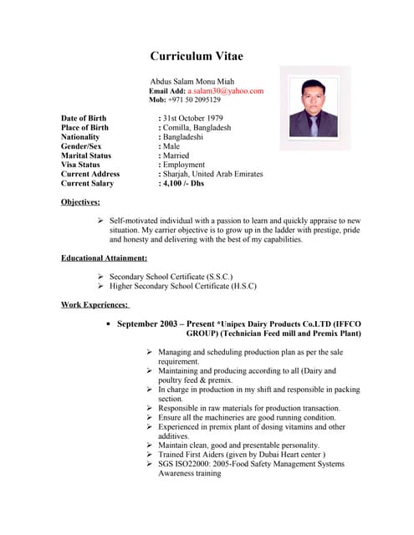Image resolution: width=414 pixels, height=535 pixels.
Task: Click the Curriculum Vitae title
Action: point(197,57)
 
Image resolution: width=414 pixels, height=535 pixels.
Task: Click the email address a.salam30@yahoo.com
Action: point(225,90)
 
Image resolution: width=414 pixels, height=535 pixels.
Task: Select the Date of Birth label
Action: point(84,119)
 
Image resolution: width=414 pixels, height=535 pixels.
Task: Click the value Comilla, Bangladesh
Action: point(197,128)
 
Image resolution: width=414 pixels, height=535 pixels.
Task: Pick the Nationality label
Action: point(80,137)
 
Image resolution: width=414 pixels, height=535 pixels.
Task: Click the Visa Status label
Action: point(80,165)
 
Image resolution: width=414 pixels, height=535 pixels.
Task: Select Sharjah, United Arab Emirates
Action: point(212,174)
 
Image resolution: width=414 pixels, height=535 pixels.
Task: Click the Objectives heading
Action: point(80,202)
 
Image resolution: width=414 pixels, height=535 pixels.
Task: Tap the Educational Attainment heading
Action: point(104,257)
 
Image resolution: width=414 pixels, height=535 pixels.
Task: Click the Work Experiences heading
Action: point(95,304)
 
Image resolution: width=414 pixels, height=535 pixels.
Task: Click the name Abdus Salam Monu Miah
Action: point(192,80)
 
